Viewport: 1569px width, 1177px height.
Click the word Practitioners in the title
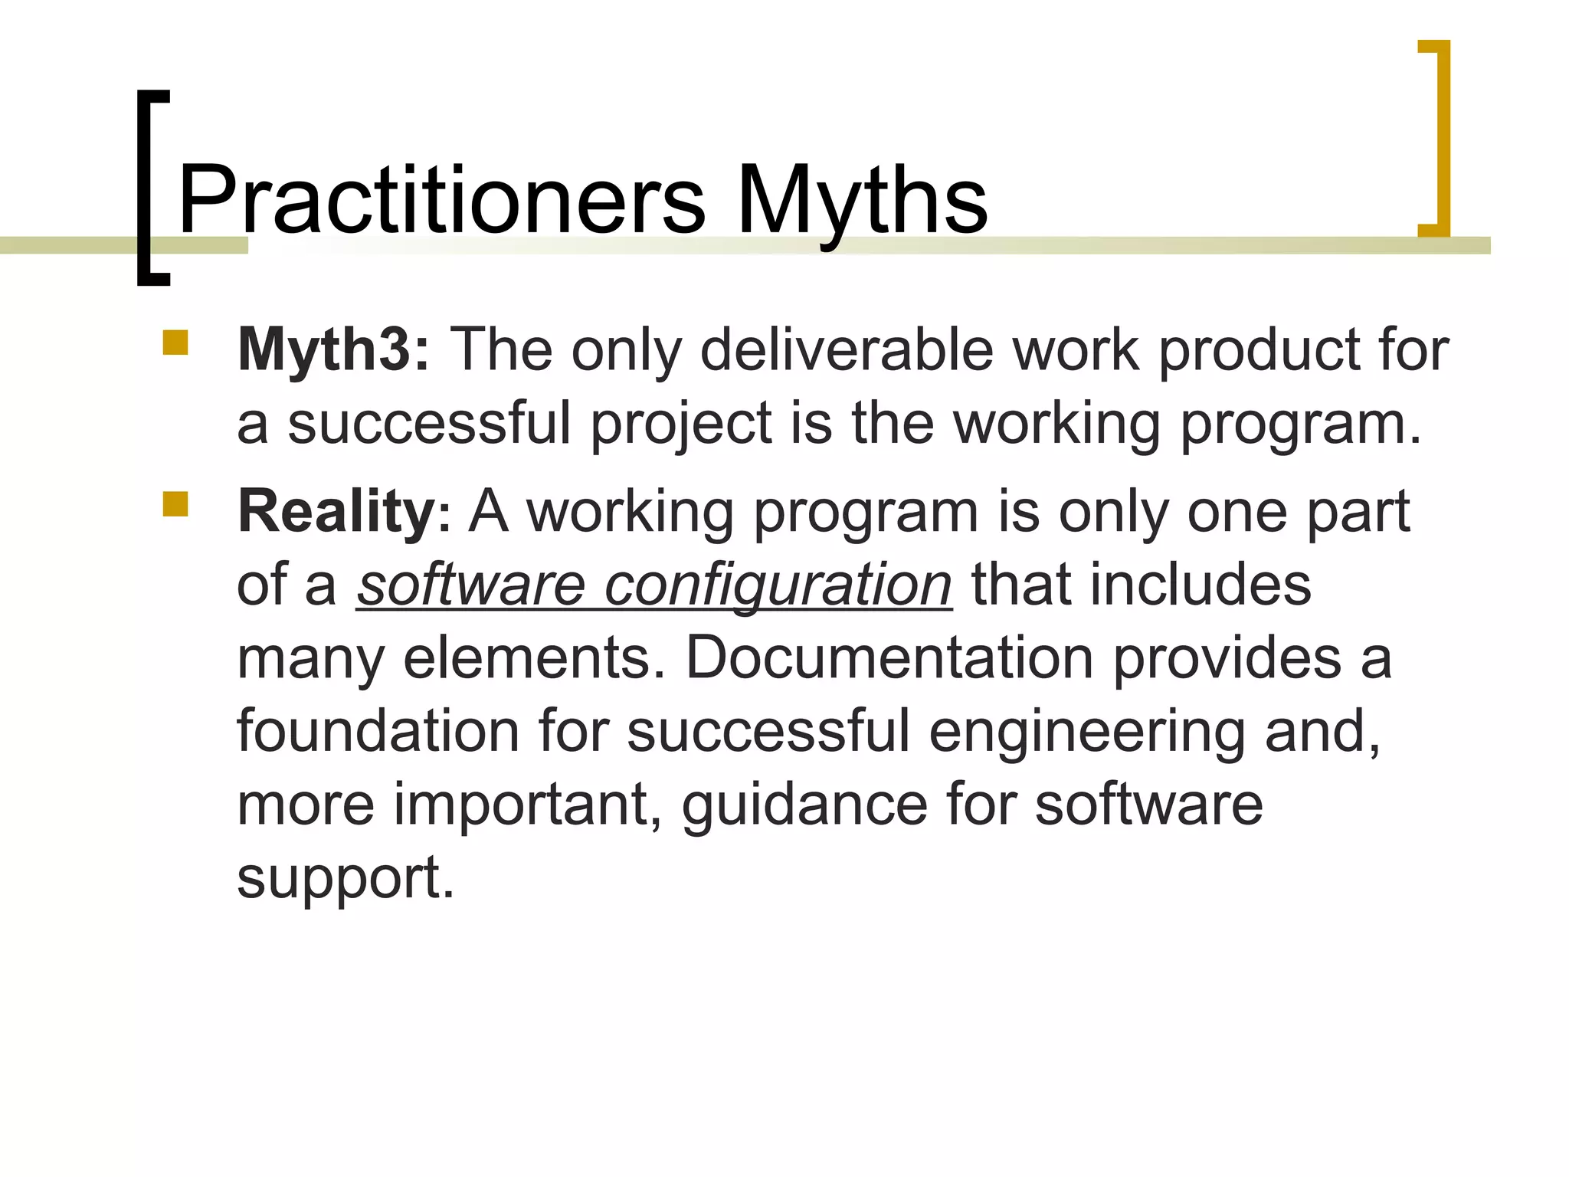tap(441, 201)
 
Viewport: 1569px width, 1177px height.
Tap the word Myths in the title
tap(862, 201)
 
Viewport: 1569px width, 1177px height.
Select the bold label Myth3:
tap(334, 350)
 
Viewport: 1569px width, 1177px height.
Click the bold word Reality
tap(336, 512)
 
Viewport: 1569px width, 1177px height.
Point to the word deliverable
tap(847, 350)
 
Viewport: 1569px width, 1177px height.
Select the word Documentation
tap(889, 657)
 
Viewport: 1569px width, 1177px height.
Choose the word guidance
tap(804, 805)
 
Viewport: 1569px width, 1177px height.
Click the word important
tap(528, 805)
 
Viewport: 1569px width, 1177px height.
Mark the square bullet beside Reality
tap(175, 503)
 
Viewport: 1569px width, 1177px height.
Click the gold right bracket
tap(1438, 138)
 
